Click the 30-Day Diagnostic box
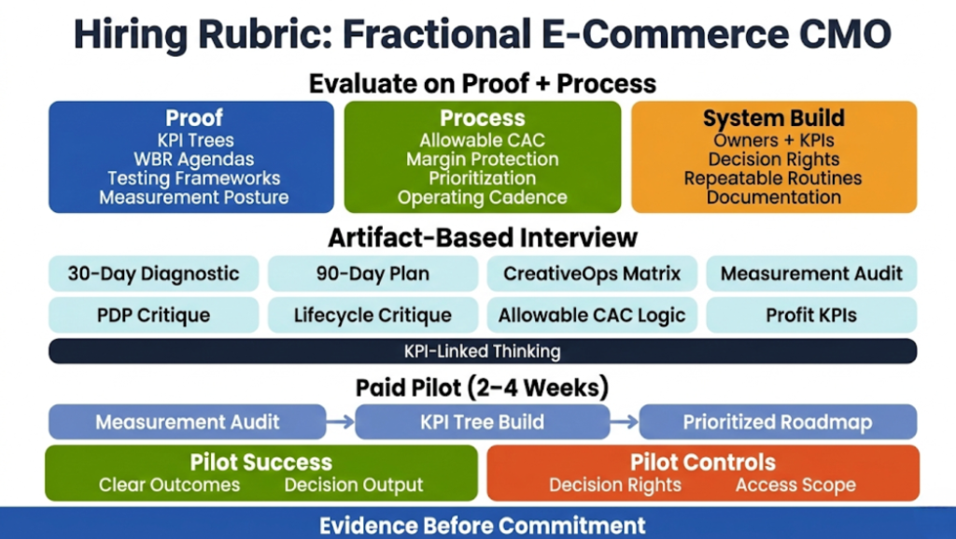(153, 274)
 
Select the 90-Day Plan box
(373, 274)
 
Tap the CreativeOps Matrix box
(592, 274)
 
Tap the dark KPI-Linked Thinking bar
(482, 351)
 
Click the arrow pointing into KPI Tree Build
(341, 422)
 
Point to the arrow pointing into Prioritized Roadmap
(625, 422)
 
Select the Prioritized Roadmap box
(778, 422)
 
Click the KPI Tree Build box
(482, 422)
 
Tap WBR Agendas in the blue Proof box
(193, 159)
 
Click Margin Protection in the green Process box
(482, 159)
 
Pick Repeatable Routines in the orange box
(773, 177)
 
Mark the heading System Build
(773, 119)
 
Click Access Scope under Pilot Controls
(795, 485)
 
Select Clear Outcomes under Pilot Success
(169, 485)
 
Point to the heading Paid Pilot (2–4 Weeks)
(482, 387)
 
